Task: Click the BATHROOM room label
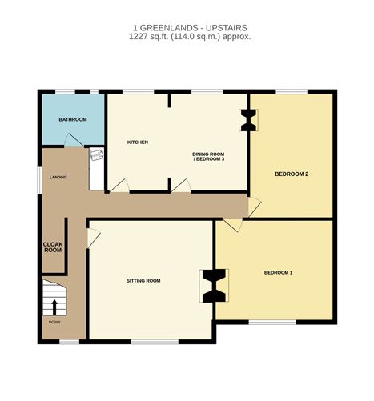point(72,119)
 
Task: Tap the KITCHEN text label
point(138,142)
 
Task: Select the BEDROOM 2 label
point(291,174)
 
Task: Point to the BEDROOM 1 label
point(278,273)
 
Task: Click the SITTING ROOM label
point(143,281)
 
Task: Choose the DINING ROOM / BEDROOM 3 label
point(209,156)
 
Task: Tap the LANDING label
point(58,177)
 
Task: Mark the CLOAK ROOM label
point(53,247)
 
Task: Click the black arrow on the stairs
point(54,307)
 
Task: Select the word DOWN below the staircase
point(54,323)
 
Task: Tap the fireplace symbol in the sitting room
point(213,286)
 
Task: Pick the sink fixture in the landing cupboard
point(96,156)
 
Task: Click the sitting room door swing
point(93,237)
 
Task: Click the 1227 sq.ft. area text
point(186,36)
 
